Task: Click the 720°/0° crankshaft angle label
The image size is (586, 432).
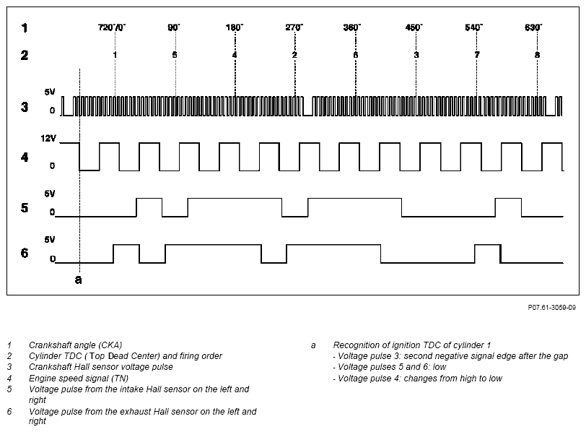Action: click(112, 27)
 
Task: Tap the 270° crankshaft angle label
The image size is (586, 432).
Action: click(294, 27)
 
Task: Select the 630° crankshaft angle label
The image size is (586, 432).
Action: click(533, 27)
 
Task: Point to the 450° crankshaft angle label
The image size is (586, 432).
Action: click(414, 27)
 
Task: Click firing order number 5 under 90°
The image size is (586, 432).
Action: click(175, 55)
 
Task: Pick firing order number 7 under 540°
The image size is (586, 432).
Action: click(477, 55)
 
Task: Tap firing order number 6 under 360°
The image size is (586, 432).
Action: click(355, 55)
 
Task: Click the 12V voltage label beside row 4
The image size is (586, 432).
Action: click(48, 139)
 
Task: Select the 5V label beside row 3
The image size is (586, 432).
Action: click(50, 92)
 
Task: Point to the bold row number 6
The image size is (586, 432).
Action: click(25, 254)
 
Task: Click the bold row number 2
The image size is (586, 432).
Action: click(25, 56)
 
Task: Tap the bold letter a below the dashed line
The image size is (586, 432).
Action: click(79, 280)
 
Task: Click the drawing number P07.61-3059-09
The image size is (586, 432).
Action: click(551, 308)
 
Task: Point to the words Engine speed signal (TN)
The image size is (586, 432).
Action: click(79, 378)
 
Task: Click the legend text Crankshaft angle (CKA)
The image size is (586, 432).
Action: click(76, 345)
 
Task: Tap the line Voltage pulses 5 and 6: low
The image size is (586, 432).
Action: click(390, 367)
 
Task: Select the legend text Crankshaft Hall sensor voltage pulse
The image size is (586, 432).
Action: click(101, 367)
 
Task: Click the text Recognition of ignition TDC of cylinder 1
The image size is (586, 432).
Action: click(412, 345)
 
